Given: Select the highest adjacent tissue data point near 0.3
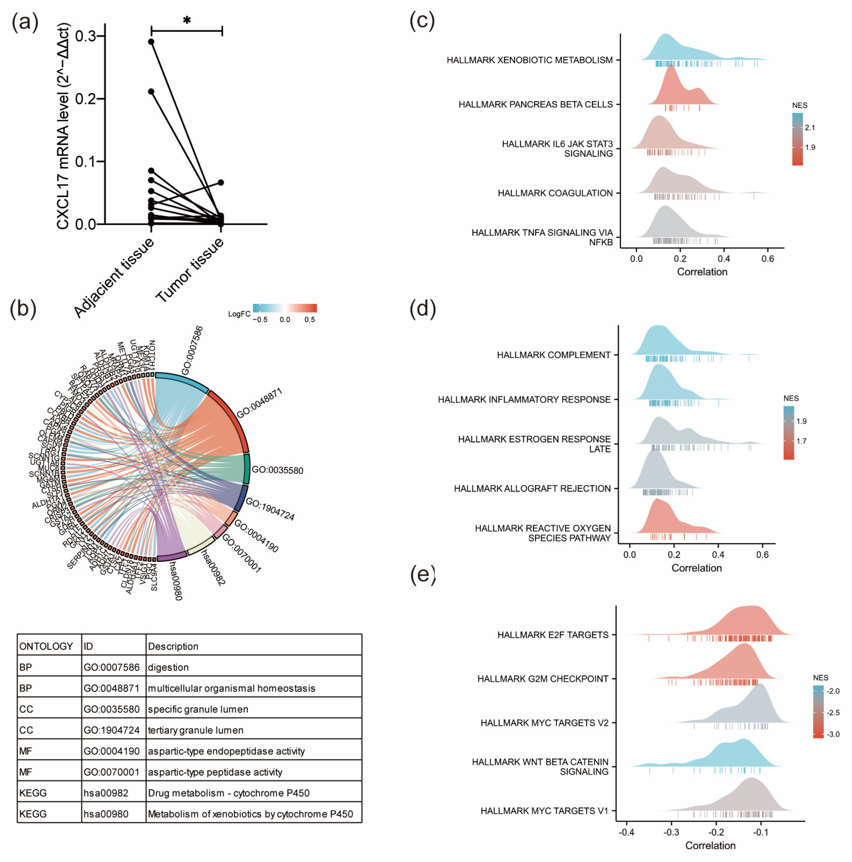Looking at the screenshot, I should (151, 42).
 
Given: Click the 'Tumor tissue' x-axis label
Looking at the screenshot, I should (190, 270).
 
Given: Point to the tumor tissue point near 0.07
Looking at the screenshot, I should (221, 182).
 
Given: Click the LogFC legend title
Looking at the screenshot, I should (239, 314).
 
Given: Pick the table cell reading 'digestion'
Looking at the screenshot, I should (168, 667).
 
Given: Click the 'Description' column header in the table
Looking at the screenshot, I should (173, 646).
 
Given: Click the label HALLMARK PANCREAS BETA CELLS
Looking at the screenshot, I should (536, 104).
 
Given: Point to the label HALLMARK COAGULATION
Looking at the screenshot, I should (555, 193).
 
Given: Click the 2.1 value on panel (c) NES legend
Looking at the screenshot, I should (810, 128).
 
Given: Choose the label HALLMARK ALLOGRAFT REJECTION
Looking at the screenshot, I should (532, 489).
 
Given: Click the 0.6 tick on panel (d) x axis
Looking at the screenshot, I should (762, 555).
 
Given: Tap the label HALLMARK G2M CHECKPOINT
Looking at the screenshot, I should (543, 679).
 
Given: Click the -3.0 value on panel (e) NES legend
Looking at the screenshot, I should (833, 734).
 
